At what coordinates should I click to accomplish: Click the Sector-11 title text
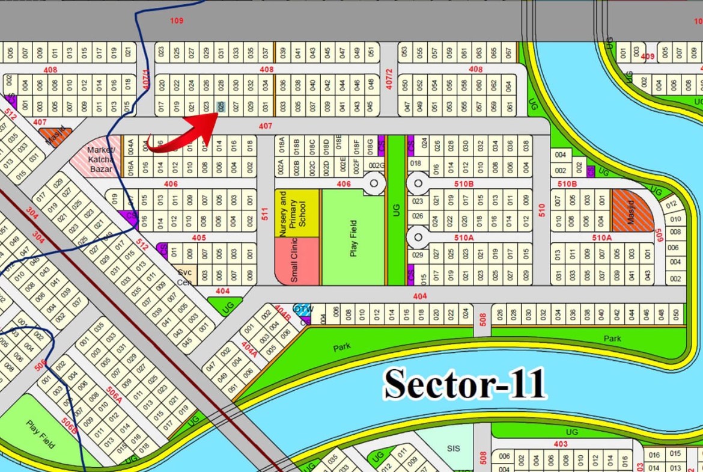click(464, 384)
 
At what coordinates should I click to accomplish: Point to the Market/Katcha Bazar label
click(101, 159)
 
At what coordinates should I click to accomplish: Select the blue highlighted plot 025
click(221, 107)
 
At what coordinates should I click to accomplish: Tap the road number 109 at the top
click(176, 21)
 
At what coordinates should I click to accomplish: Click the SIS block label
click(453, 449)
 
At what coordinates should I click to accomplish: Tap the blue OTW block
click(303, 309)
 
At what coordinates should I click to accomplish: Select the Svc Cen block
click(184, 277)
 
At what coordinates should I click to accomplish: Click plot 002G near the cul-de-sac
click(376, 165)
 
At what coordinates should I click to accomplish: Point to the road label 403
click(560, 444)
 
